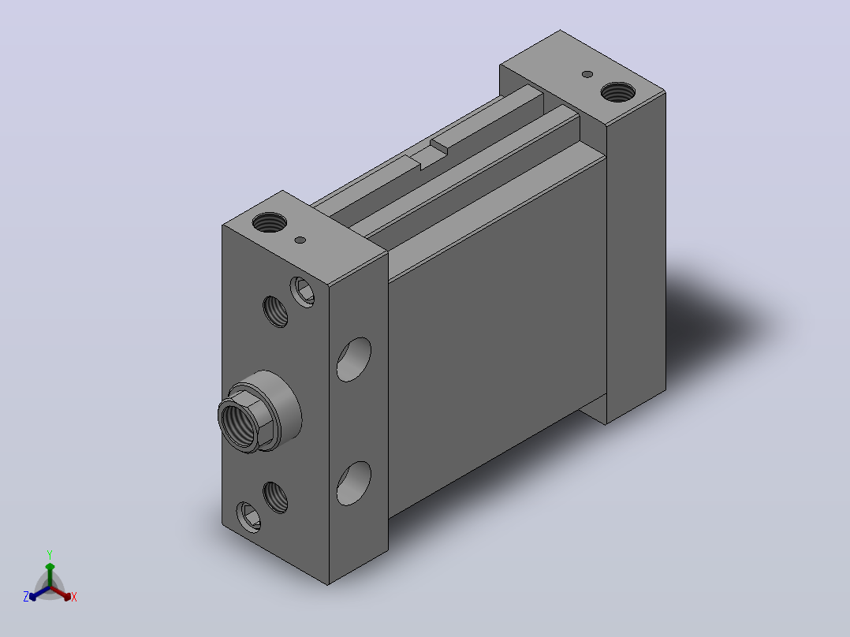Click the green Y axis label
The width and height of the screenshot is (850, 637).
[x=50, y=554]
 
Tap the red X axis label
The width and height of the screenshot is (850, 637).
[x=74, y=597]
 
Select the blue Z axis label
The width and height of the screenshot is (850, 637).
[x=25, y=597]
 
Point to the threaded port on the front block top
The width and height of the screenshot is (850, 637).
[x=270, y=222]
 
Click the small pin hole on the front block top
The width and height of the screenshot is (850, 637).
[x=300, y=240]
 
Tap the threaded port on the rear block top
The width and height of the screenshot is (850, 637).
[x=618, y=92]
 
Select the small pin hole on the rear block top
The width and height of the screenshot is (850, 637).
[x=587, y=74]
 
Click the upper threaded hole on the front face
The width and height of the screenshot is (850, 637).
[x=275, y=311]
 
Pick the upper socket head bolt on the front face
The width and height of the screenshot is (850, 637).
[x=303, y=292]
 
